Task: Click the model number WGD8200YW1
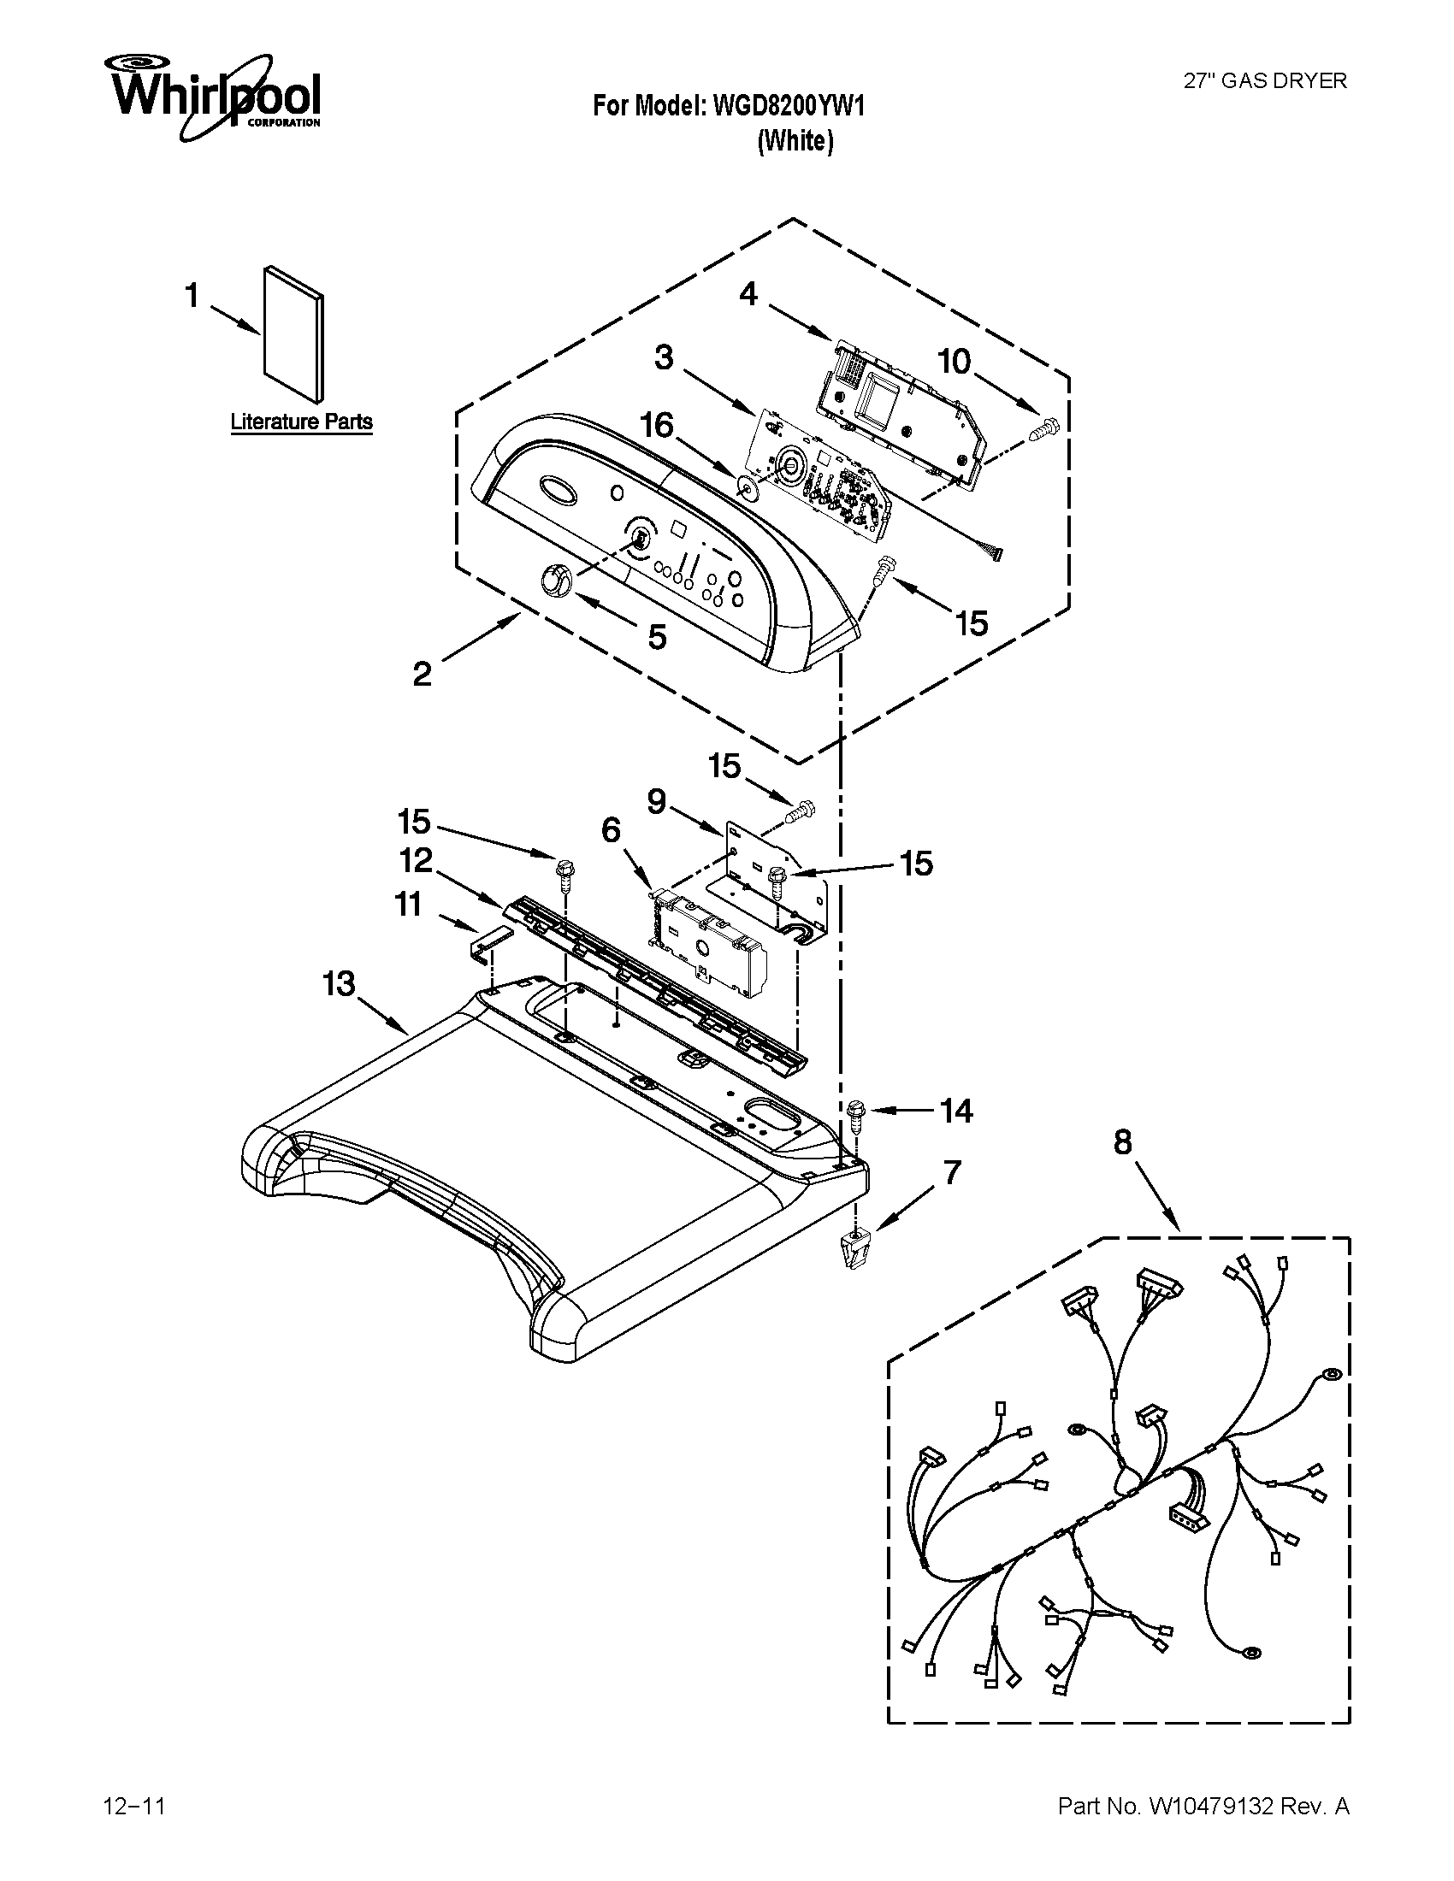[786, 105]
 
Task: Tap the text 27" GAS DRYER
[1264, 81]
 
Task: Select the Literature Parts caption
[301, 422]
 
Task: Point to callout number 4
[748, 295]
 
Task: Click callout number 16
[657, 425]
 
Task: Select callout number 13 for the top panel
[339, 982]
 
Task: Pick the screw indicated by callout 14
[857, 1114]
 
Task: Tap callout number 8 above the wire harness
[1122, 1142]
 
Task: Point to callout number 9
[656, 802]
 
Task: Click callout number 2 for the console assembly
[422, 673]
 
